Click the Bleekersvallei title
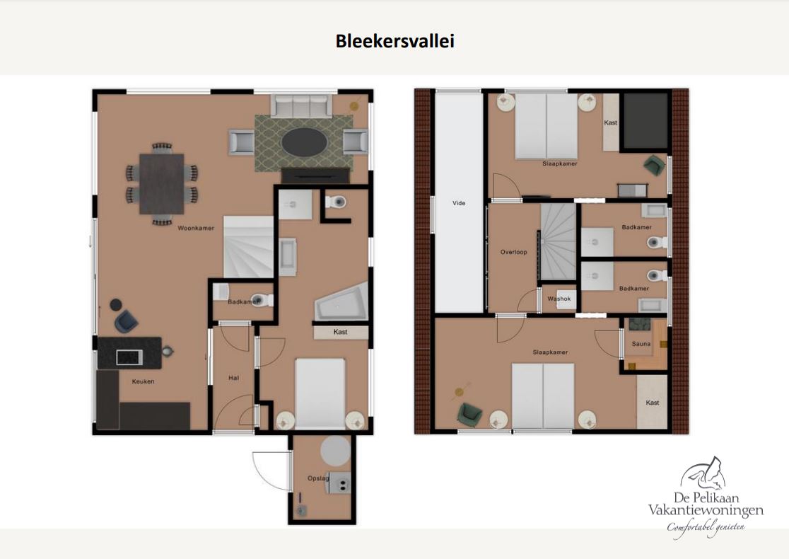(x=395, y=41)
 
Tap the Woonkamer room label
(x=196, y=228)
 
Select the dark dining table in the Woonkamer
(x=161, y=184)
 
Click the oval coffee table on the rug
(x=305, y=142)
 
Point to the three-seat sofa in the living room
(x=301, y=105)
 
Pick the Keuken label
(x=143, y=381)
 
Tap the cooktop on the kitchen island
(x=129, y=357)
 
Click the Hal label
(x=233, y=378)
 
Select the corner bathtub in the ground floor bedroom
(x=341, y=303)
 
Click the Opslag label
(x=318, y=478)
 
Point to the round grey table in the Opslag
(x=336, y=451)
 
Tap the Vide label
(x=459, y=203)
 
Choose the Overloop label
(x=514, y=252)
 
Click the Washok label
(x=559, y=299)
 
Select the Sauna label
(x=641, y=344)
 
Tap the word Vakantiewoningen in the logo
(x=706, y=510)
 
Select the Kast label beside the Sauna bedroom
(x=652, y=403)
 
